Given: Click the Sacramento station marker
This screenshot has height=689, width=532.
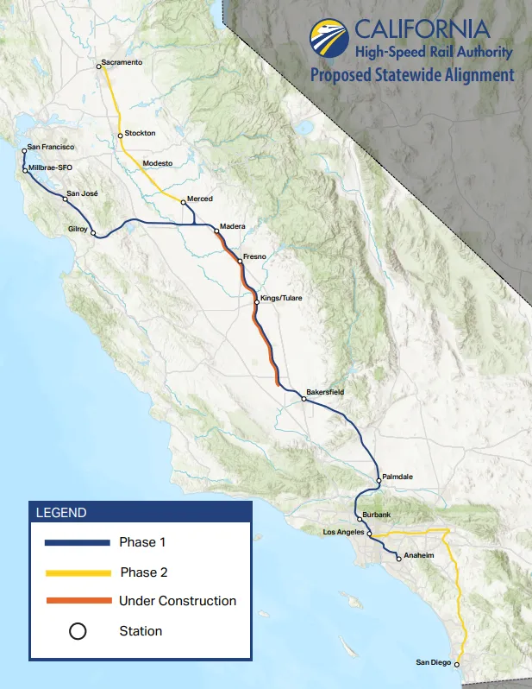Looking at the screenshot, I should [99, 66].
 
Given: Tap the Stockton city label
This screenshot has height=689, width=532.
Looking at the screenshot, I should [140, 134].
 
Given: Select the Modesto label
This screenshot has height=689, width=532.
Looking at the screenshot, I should [158, 163].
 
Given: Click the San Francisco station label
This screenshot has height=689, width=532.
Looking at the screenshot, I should [51, 148].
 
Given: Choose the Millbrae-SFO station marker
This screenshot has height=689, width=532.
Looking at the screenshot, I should [25, 170].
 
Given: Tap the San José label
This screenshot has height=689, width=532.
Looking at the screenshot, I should [83, 194].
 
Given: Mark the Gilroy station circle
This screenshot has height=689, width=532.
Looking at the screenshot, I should [93, 234].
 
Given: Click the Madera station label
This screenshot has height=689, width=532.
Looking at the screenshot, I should [233, 226].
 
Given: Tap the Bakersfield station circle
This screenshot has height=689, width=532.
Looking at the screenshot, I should [304, 399].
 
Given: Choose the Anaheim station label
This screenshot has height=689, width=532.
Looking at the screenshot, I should [418, 556].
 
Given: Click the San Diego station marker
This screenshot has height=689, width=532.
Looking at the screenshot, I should [457, 665].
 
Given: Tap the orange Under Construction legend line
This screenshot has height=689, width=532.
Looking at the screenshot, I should [77, 600].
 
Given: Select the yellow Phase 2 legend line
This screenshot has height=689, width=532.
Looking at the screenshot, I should [77, 572].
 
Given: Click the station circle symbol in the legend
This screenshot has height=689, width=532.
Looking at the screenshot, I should [77, 631].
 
